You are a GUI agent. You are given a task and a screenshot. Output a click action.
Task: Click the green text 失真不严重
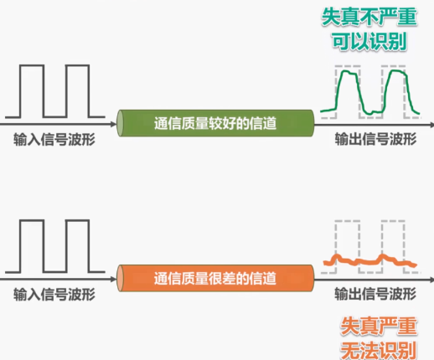[375, 17]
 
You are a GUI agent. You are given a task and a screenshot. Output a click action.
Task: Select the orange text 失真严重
[375, 326]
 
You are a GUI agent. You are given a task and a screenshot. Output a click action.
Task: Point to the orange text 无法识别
[375, 348]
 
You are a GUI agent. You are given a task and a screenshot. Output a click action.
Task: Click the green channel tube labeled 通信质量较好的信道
[214, 123]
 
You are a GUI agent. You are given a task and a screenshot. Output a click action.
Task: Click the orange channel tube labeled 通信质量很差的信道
[214, 277]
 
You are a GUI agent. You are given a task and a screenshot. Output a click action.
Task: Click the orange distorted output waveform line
[369, 262]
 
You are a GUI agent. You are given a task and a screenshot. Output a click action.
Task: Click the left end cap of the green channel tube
[121, 123]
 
